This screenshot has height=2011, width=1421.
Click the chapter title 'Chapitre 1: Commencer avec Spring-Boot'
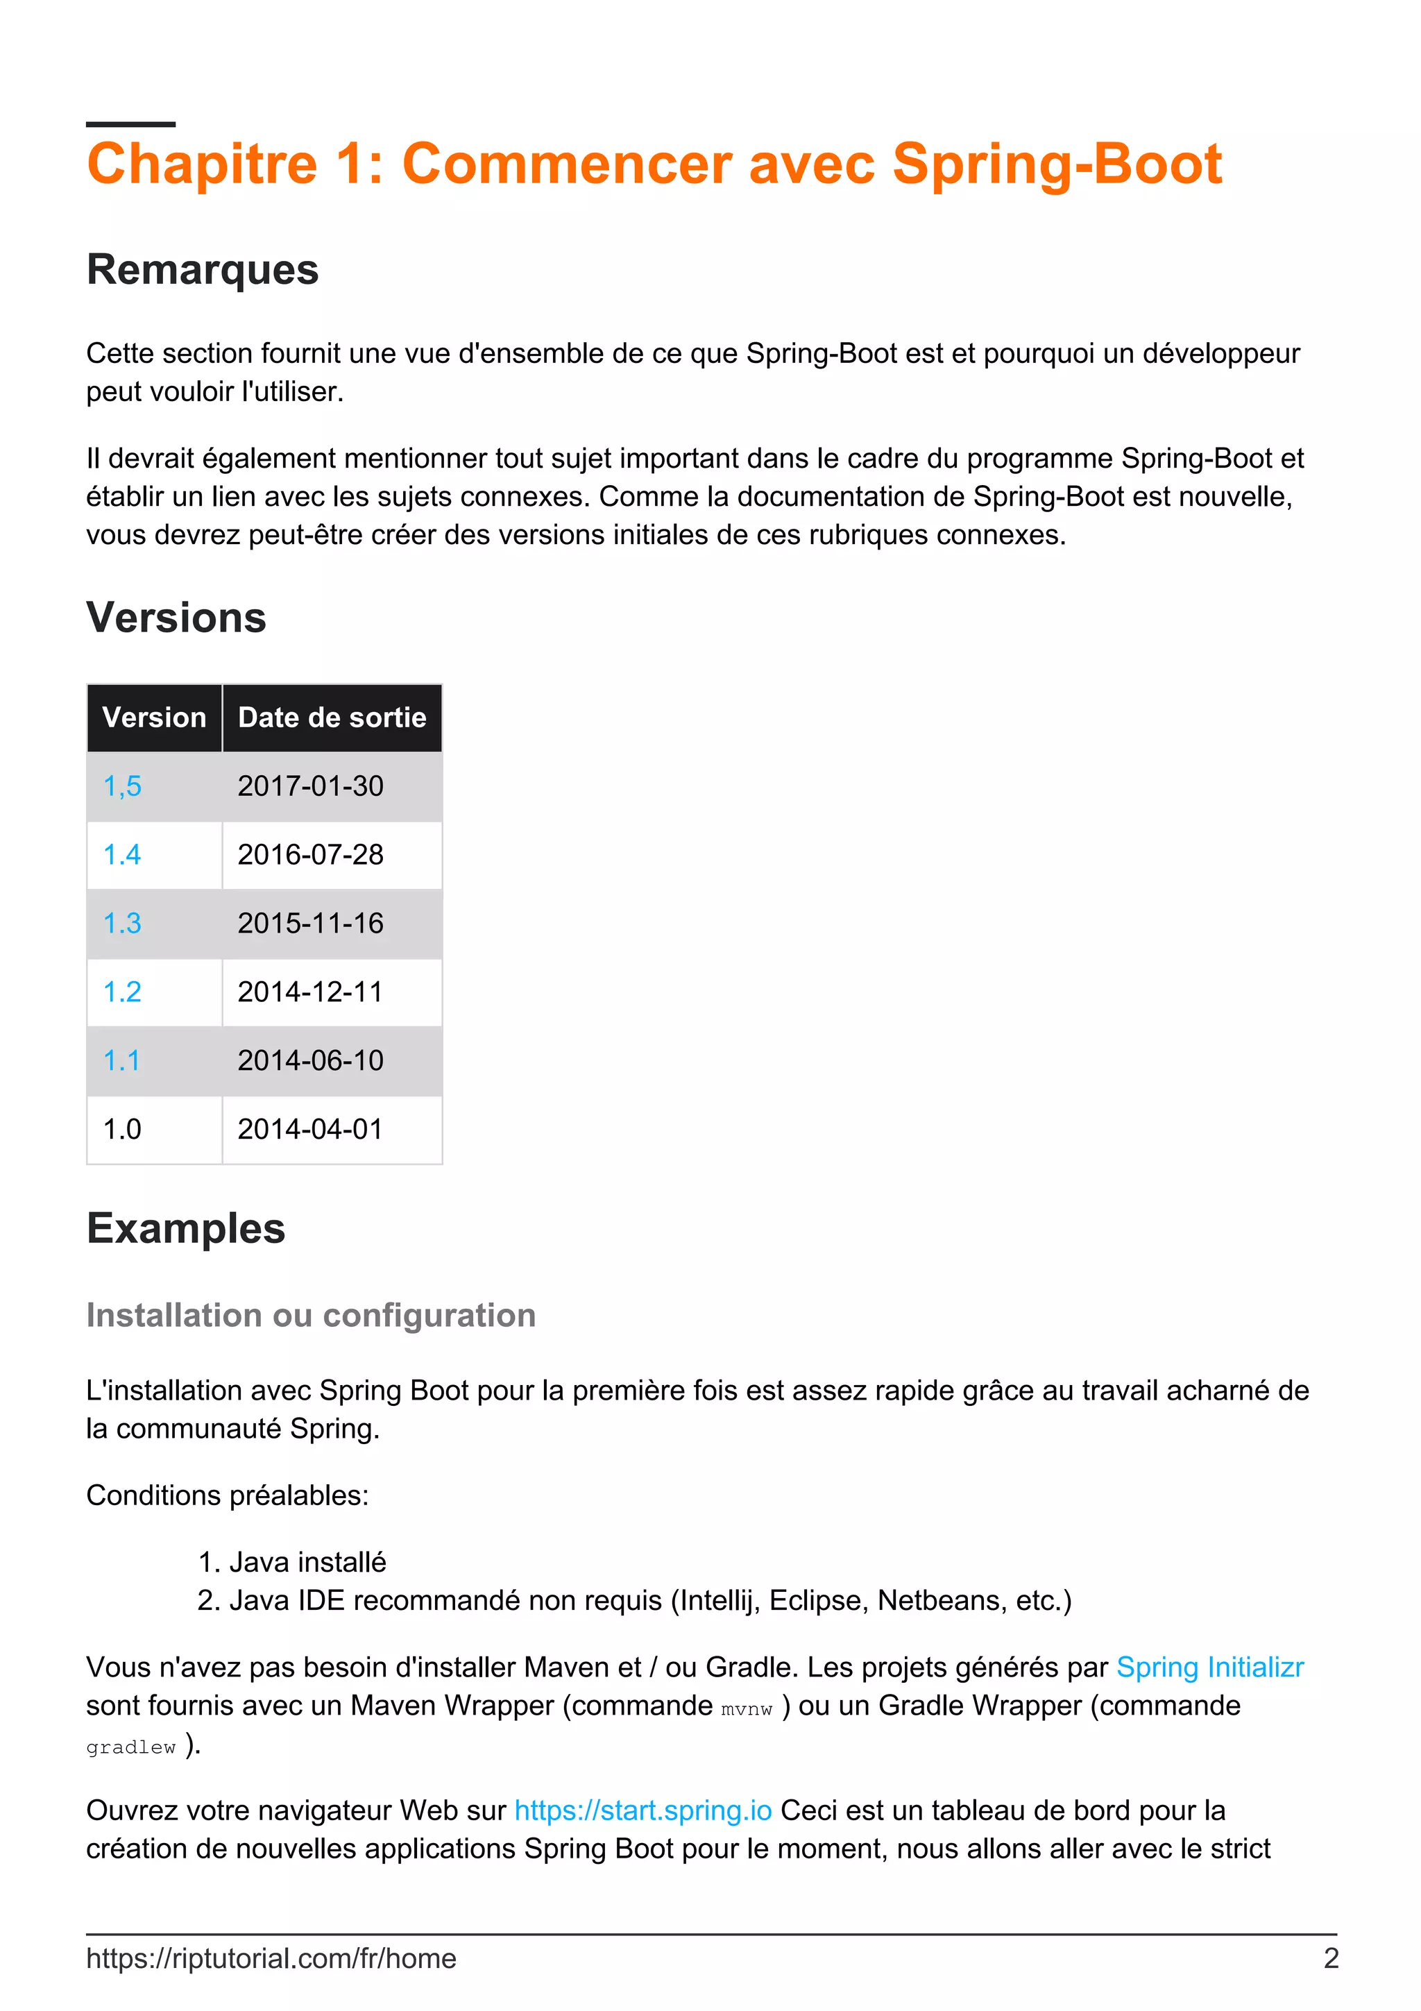click(653, 164)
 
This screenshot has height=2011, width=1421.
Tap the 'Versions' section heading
click(176, 618)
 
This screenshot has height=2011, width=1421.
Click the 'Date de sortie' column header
click(332, 718)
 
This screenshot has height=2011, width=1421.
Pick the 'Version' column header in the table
click(154, 718)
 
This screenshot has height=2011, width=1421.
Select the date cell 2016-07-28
click(310, 855)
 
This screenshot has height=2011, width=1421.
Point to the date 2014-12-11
click(310, 992)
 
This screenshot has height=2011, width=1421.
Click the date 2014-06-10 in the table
click(310, 1061)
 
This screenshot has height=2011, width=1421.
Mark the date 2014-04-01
click(310, 1129)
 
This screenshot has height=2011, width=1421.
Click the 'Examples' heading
click(186, 1228)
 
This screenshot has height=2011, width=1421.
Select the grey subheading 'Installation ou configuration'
click(311, 1316)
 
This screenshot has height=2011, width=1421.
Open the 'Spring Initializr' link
click(1209, 1667)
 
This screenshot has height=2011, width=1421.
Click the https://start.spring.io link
click(643, 1810)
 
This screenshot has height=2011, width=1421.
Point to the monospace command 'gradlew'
click(130, 1747)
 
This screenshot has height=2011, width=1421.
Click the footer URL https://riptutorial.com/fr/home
click(271, 1958)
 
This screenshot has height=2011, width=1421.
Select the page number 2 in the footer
click(1330, 1958)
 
